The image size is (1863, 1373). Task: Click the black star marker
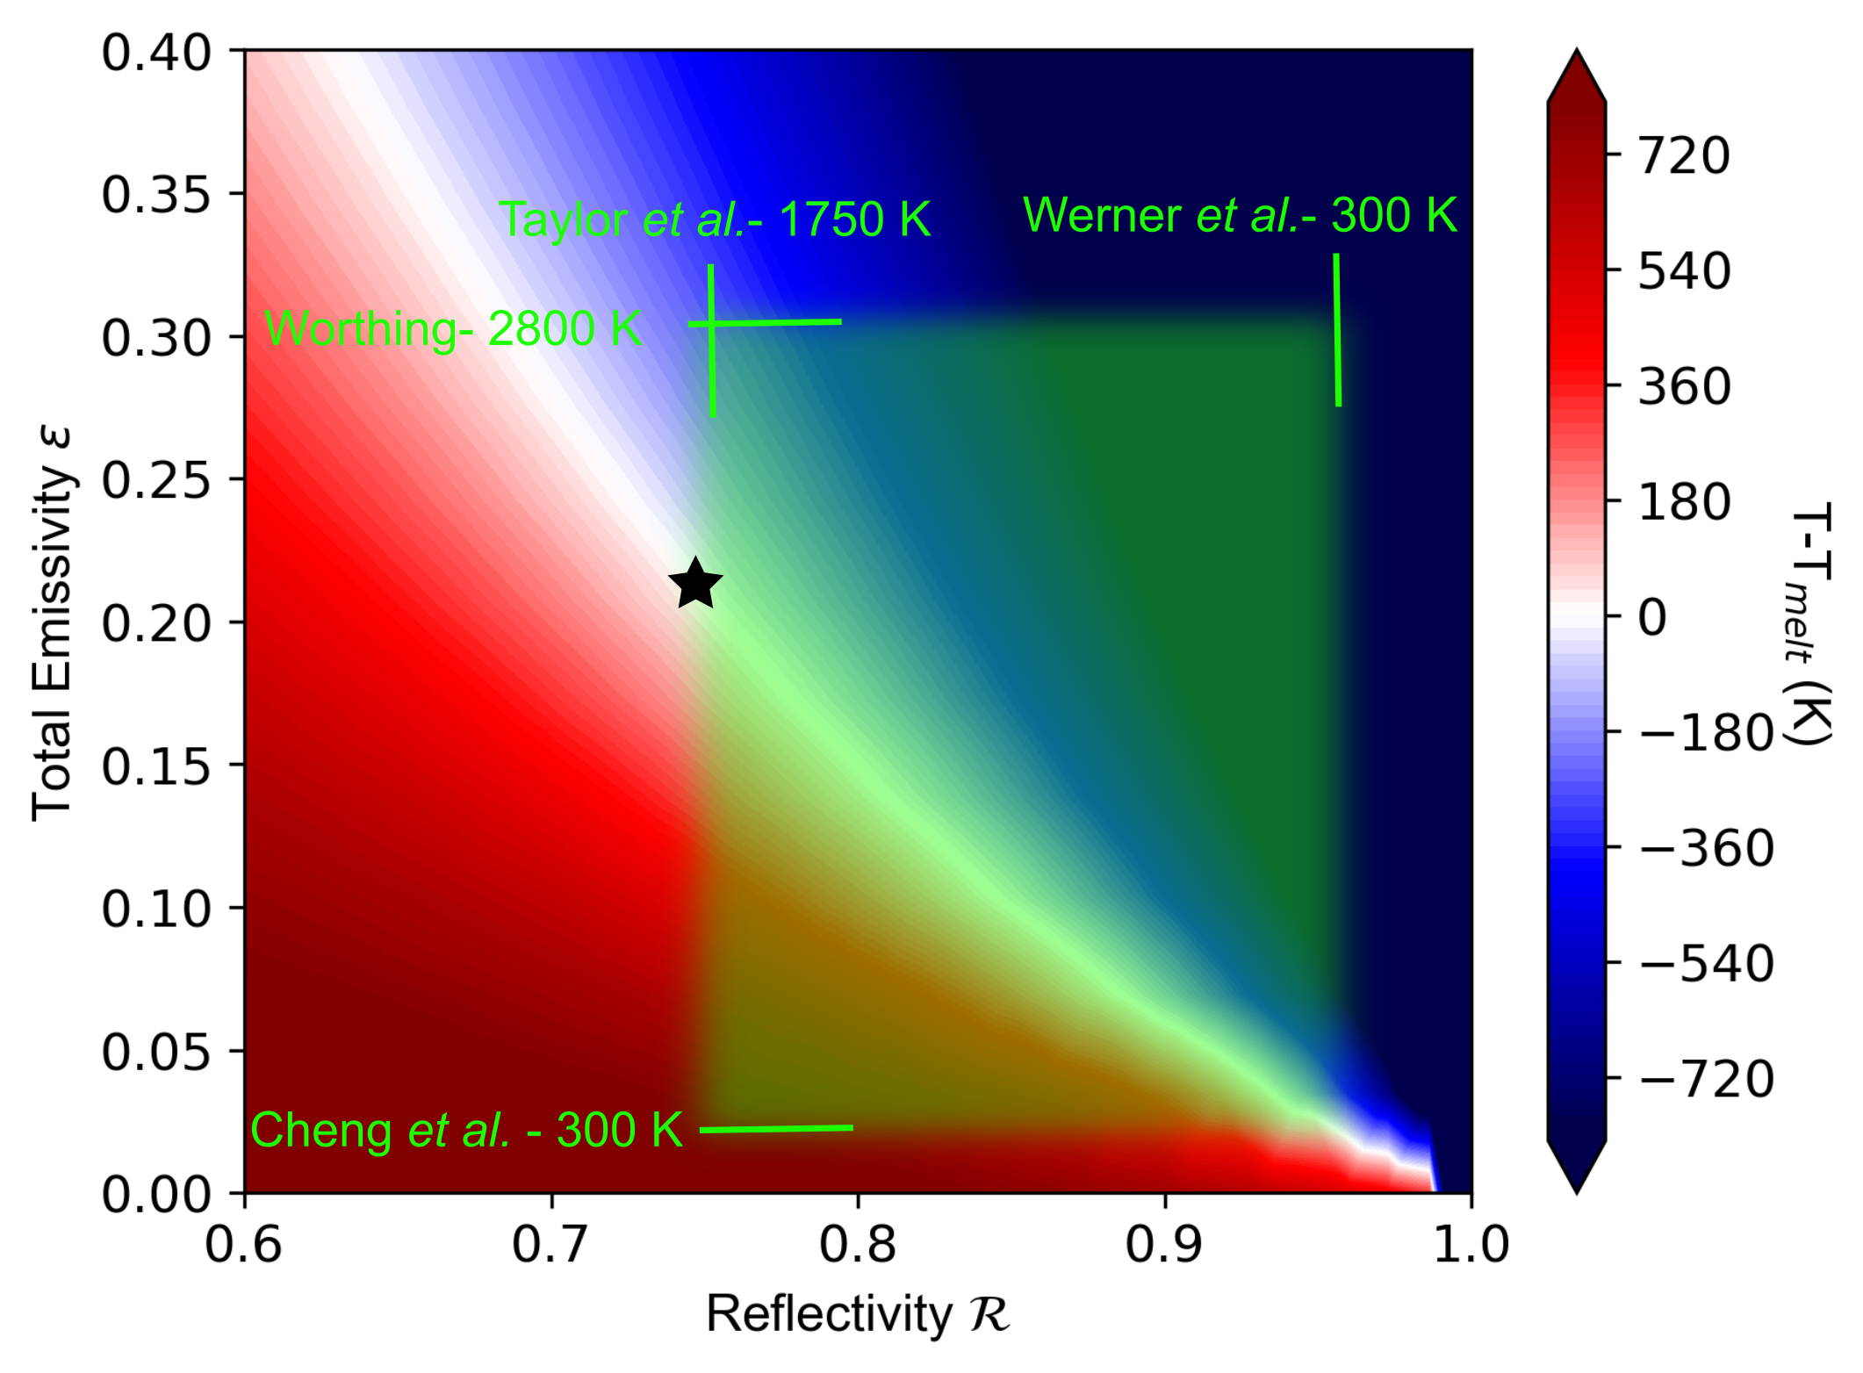(x=695, y=584)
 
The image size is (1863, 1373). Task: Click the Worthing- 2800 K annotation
(x=453, y=329)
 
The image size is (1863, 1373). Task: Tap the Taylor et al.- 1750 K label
(x=714, y=219)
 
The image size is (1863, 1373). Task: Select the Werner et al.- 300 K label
(x=1240, y=215)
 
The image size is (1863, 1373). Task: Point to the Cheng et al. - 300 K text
(x=466, y=1130)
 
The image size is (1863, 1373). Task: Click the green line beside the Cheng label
(x=776, y=1129)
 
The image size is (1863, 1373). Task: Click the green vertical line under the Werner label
(x=1337, y=330)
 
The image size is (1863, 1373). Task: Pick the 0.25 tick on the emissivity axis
(x=156, y=480)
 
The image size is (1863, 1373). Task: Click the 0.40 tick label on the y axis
(x=156, y=53)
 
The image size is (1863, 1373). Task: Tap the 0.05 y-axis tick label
(x=156, y=1052)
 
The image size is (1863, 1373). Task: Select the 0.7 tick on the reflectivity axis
(x=550, y=1245)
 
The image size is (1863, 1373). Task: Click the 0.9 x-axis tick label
(x=1164, y=1245)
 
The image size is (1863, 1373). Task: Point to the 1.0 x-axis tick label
(x=1471, y=1245)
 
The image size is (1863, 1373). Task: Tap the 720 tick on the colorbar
(x=1684, y=156)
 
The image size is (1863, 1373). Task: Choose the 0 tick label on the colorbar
(x=1652, y=617)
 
